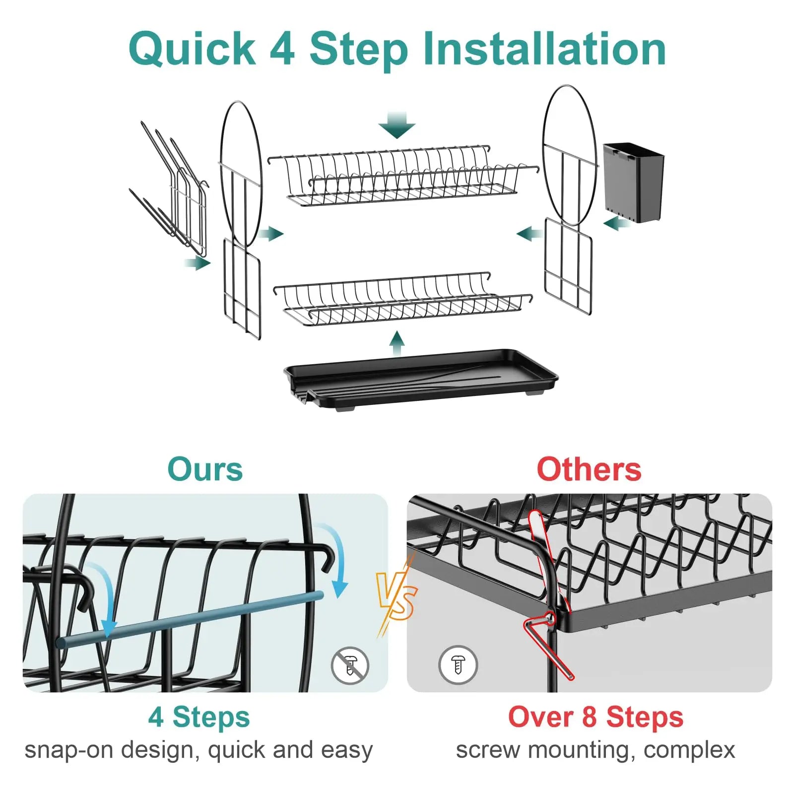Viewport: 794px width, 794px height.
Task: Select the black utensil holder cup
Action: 634,182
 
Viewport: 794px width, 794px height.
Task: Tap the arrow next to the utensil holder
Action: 616,223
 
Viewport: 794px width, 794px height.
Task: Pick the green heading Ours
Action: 204,469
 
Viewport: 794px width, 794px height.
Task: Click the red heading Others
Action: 589,469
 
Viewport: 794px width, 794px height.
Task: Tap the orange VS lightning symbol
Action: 397,598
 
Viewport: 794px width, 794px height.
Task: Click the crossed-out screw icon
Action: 350,665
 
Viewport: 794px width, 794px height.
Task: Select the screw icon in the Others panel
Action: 458,665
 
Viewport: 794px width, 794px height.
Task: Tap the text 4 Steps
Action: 199,717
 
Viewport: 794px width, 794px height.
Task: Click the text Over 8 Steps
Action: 595,717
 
